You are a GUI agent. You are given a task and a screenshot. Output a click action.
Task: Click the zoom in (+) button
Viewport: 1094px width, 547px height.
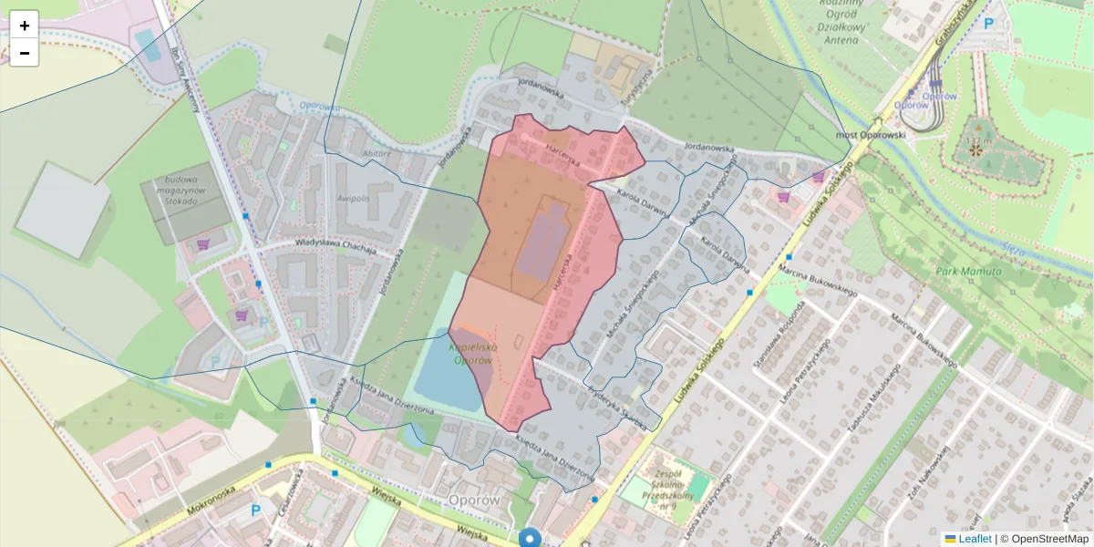coord(25,26)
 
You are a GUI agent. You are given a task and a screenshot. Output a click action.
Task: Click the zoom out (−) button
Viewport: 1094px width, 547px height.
coord(25,53)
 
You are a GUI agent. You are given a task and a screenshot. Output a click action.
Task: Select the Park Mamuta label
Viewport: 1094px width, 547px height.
coord(967,272)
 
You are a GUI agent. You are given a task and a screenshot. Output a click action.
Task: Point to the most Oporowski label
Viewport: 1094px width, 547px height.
coord(871,135)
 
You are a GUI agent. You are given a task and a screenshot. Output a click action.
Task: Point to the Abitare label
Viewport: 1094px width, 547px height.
coord(377,154)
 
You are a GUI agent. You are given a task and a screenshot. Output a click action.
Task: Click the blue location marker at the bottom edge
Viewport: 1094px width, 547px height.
coord(530,538)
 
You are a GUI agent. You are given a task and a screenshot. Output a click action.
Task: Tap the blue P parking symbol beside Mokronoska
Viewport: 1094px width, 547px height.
coord(256,511)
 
